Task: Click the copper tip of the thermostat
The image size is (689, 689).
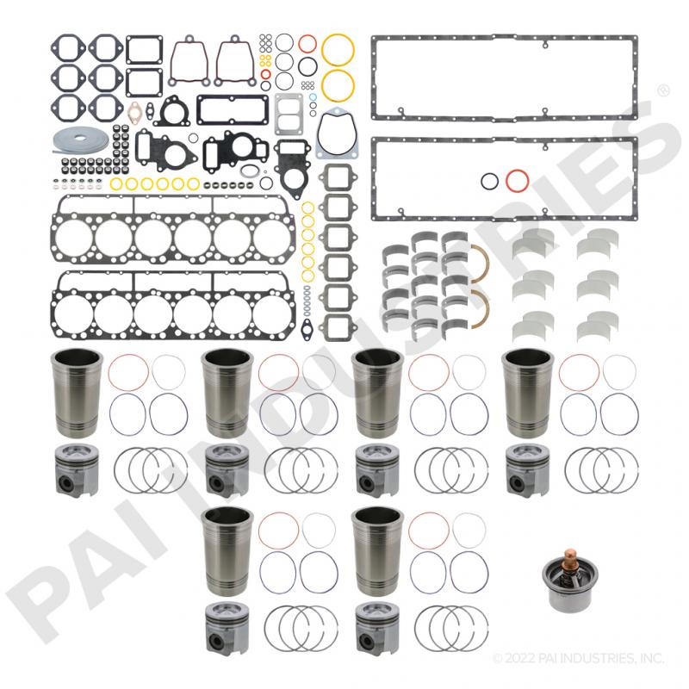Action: [x=570, y=555]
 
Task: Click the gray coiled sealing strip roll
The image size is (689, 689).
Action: [x=80, y=140]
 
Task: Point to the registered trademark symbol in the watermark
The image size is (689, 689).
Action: [x=663, y=91]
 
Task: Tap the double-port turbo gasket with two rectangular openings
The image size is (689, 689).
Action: [x=289, y=114]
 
